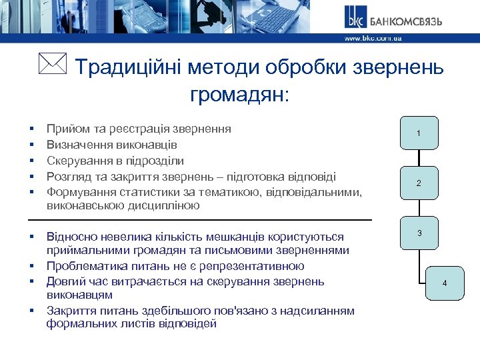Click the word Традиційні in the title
point(127,68)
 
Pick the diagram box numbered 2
point(418,183)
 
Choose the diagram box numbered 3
point(419,233)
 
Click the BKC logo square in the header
point(354,18)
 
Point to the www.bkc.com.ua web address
point(373,39)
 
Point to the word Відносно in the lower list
point(71,237)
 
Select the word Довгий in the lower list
point(65,281)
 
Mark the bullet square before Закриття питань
point(31,310)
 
